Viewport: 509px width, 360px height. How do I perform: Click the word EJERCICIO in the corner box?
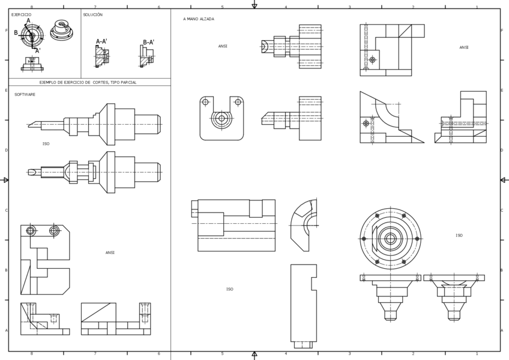click(22, 14)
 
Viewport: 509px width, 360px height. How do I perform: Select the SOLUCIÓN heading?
click(93, 14)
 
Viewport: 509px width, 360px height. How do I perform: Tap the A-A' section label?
click(101, 42)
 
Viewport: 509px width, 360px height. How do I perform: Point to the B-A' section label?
click(148, 43)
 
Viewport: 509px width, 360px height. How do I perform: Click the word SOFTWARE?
click(25, 95)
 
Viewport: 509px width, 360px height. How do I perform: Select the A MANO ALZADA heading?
click(199, 19)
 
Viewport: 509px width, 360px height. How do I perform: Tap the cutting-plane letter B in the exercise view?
click(16, 33)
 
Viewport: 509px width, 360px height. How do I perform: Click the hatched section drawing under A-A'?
click(101, 57)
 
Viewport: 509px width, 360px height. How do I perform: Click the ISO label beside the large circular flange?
click(459, 236)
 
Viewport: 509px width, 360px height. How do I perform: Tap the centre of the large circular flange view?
click(390, 239)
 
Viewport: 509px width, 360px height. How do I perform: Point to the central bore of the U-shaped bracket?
click(221, 119)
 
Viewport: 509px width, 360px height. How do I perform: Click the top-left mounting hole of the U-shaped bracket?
click(205, 102)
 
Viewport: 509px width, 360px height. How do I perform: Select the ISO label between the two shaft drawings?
click(46, 144)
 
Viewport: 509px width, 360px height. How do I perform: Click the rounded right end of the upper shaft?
click(158, 124)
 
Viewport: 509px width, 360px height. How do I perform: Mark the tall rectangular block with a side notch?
click(303, 303)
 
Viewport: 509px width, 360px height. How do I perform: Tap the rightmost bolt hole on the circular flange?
click(417, 239)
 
